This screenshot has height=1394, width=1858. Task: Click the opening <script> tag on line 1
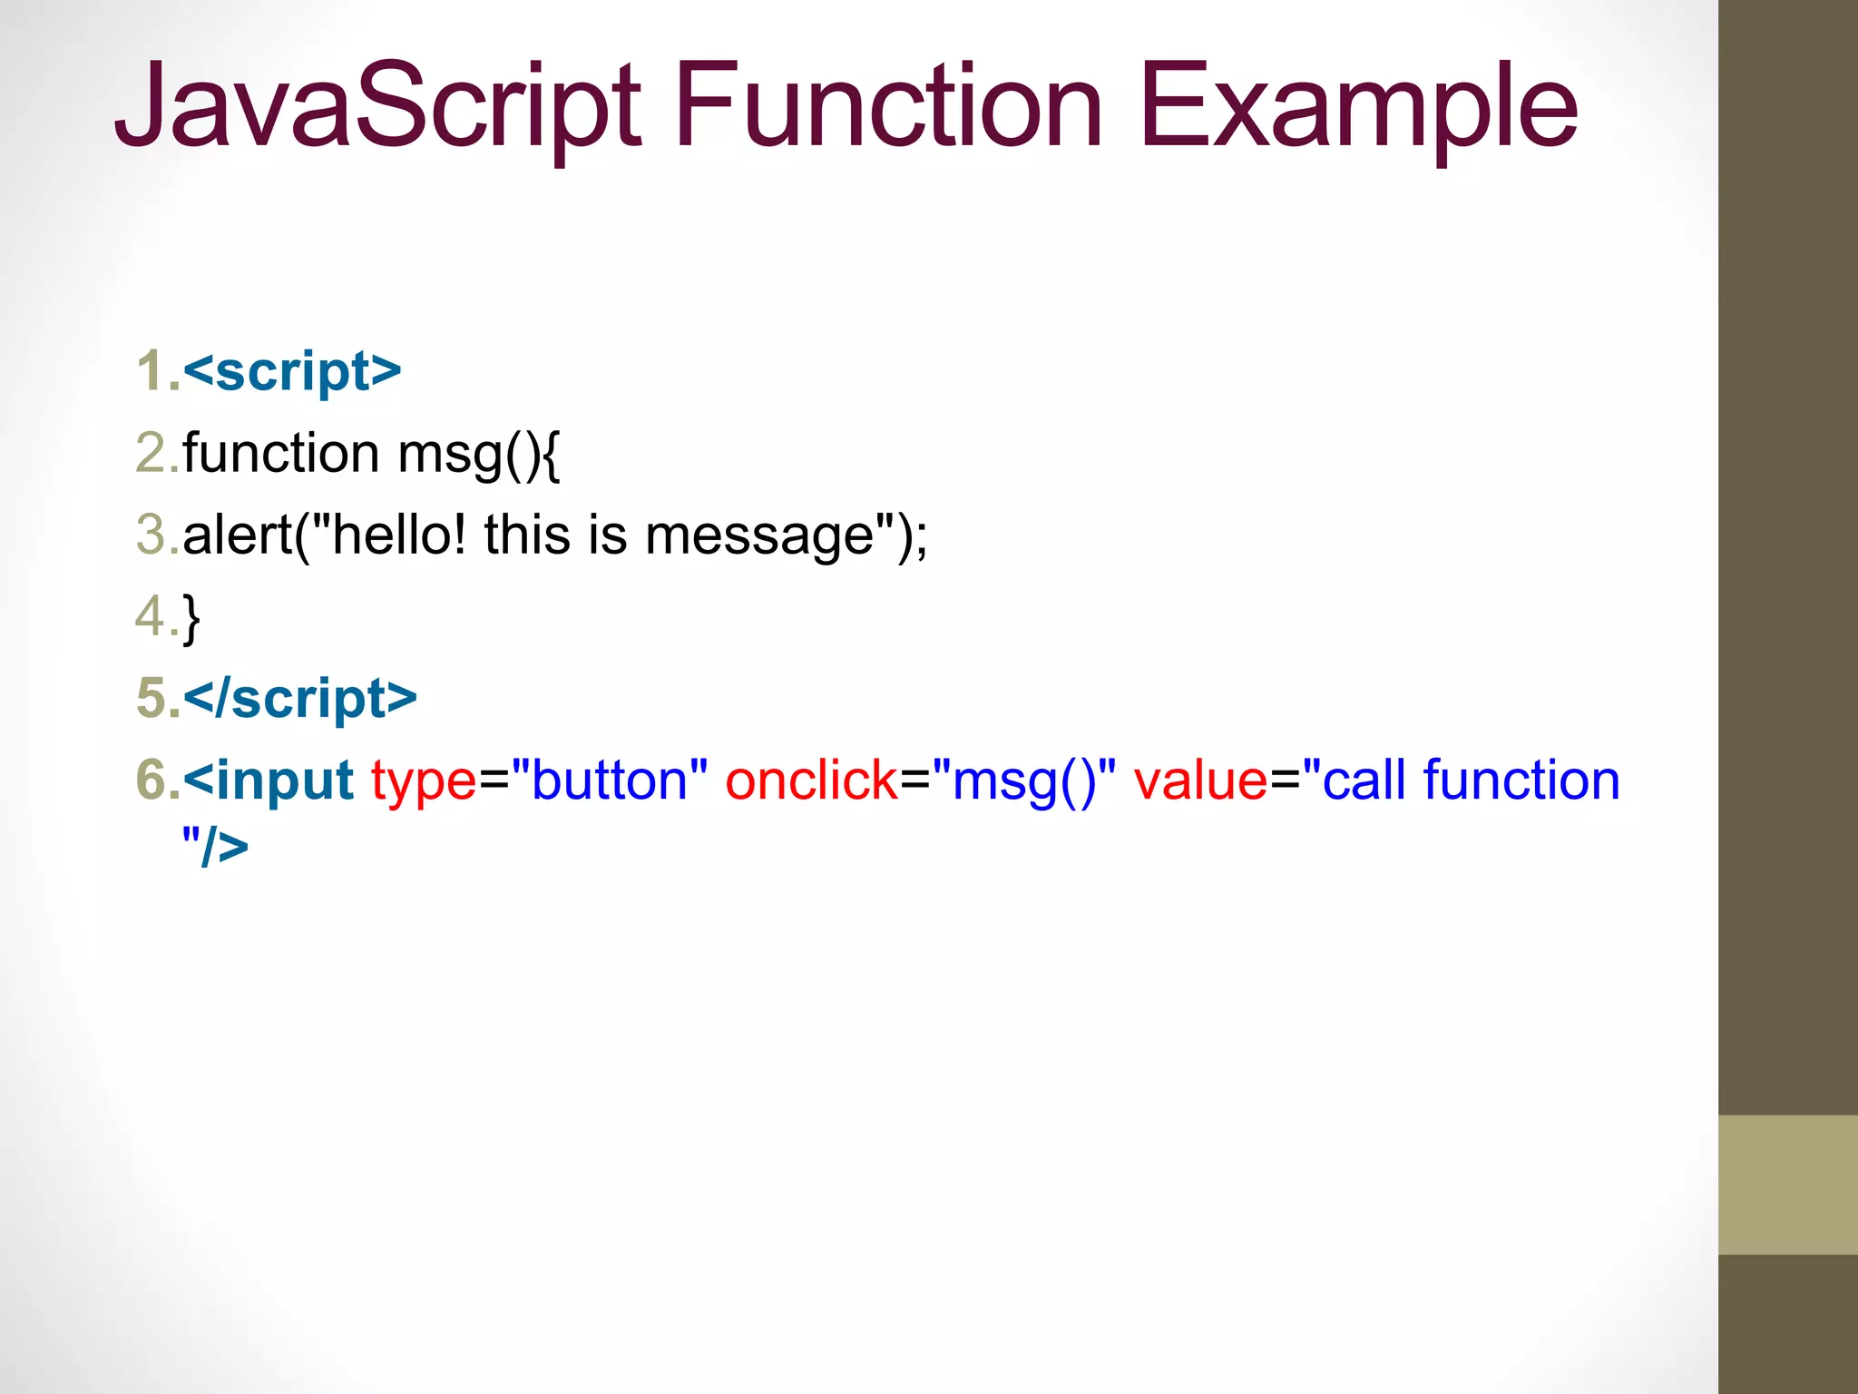pos(291,371)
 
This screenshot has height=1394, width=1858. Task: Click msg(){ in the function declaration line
pos(479,453)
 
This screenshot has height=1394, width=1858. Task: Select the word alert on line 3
pos(237,534)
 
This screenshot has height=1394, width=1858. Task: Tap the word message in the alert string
pos(758,535)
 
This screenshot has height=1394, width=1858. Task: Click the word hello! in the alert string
pos(399,534)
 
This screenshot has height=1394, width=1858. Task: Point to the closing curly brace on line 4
pos(191,618)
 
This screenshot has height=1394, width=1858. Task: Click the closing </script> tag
pos(299,698)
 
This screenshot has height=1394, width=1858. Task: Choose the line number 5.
pos(154,698)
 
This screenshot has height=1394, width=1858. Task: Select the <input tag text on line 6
pos(268,780)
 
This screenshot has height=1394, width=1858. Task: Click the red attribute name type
pos(423,781)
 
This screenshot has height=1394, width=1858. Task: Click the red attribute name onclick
pos(811,780)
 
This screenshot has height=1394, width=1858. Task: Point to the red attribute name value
pos(1199,780)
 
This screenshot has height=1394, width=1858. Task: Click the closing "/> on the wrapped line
pos(214,846)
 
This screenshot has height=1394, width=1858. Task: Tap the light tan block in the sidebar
pos(1787,1184)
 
